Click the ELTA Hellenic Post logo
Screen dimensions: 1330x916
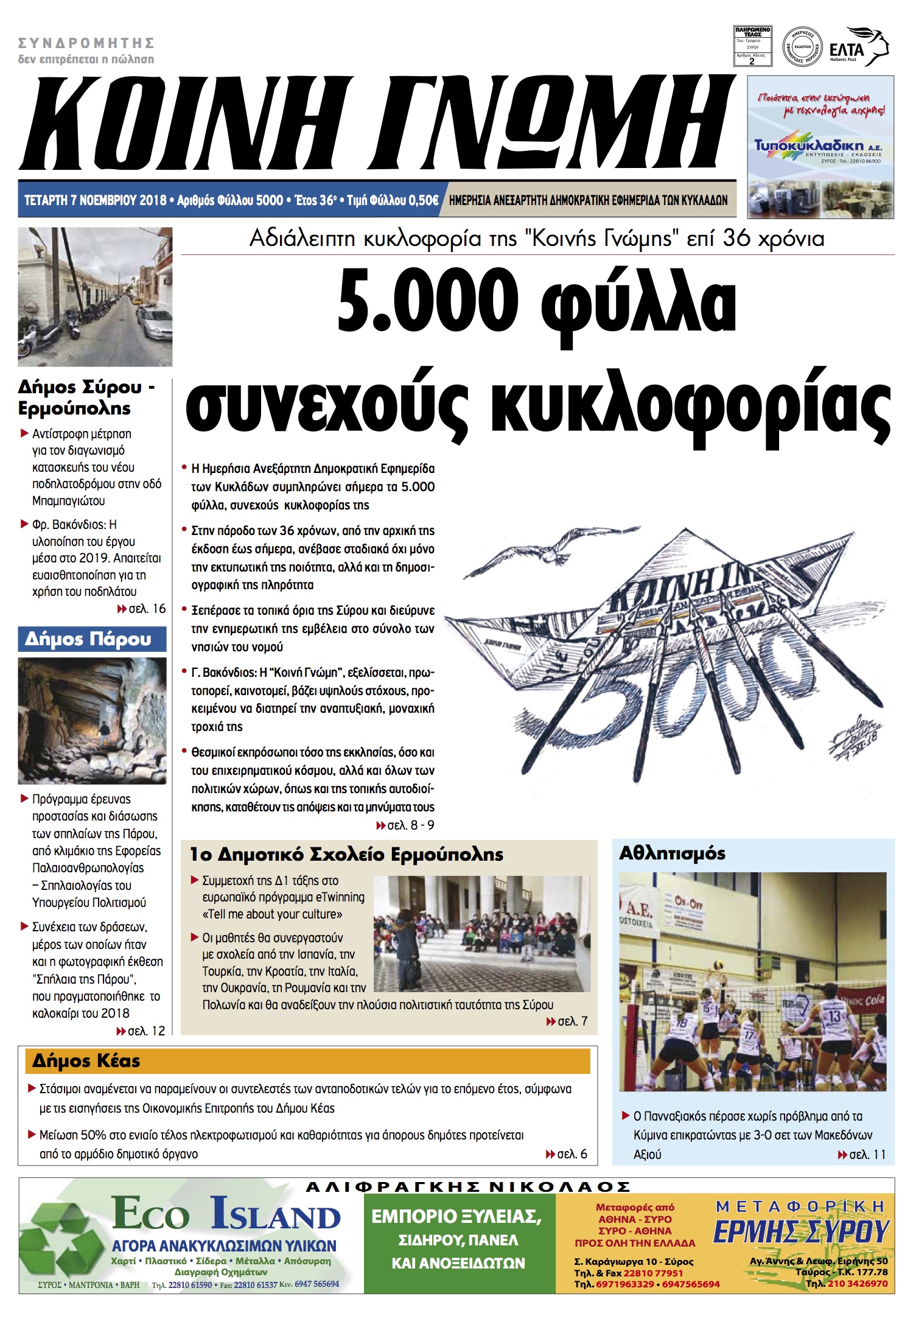(858, 47)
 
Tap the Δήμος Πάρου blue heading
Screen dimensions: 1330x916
(88, 639)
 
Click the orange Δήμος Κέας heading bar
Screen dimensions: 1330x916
(307, 1061)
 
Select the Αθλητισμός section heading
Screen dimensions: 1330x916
(672, 853)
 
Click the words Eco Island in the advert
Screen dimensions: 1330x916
(226, 1214)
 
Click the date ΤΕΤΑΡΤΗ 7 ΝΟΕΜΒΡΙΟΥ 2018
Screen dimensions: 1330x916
(96, 200)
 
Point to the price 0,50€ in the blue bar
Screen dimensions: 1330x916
(423, 200)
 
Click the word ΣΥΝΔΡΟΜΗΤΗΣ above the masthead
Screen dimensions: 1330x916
(86, 43)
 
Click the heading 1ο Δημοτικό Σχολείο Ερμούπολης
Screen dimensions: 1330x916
(346, 855)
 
